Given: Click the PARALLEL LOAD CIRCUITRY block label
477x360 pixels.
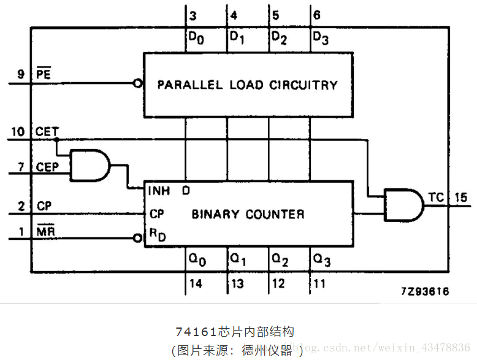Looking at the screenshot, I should click(247, 85).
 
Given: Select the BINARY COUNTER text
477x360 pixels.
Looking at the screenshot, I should click(248, 214).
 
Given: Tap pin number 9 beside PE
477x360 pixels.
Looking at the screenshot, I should click(20, 75).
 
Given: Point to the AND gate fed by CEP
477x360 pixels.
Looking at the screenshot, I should click(90, 165).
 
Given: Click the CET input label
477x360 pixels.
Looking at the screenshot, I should click(47, 131).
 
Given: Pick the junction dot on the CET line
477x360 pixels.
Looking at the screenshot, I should click(56, 139).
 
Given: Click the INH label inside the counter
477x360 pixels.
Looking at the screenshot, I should click(159, 191).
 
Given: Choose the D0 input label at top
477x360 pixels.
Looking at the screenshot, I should click(196, 37).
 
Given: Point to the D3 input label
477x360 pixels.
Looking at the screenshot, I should click(321, 37).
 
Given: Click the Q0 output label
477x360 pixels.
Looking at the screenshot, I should click(197, 260).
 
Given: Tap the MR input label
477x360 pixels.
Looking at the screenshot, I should click(45, 231).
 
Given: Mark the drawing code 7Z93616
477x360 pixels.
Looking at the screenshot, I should click(425, 291).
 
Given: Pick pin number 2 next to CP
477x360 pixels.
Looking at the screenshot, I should click(21, 206).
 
